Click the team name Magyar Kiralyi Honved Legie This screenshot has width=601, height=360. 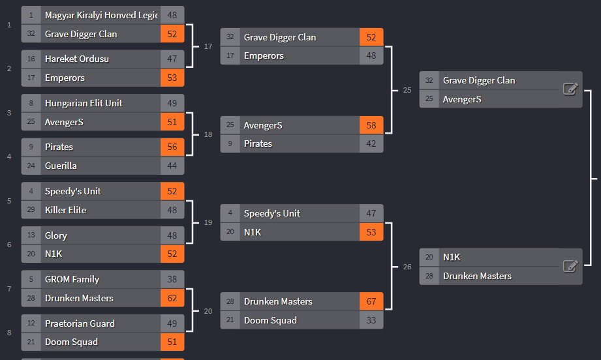click(x=101, y=15)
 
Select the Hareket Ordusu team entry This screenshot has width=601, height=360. click(x=77, y=59)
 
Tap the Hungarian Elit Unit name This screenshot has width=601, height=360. click(x=84, y=103)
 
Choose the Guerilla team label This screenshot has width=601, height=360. click(x=61, y=166)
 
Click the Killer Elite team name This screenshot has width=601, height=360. click(x=65, y=210)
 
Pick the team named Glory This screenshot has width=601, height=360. click(x=56, y=235)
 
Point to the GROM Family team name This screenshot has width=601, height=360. click(x=72, y=279)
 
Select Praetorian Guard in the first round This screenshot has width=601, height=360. click(x=80, y=323)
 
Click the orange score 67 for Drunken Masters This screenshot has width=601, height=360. click(x=371, y=301)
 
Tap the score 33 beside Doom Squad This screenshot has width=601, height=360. click(x=371, y=320)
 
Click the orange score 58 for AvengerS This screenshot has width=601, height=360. click(x=371, y=125)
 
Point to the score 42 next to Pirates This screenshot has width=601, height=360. click(x=371, y=143)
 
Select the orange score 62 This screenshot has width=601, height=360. click(x=172, y=298)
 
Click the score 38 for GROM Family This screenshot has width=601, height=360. click(x=172, y=279)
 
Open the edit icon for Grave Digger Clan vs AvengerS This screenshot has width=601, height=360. click(x=570, y=89)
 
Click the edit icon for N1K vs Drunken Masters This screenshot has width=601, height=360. click(x=570, y=266)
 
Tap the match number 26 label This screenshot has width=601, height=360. click(x=407, y=266)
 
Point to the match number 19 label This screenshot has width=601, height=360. click(x=208, y=222)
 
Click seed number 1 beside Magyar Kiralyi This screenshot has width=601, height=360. click(x=31, y=15)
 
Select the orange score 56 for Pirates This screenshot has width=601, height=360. click(x=172, y=147)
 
